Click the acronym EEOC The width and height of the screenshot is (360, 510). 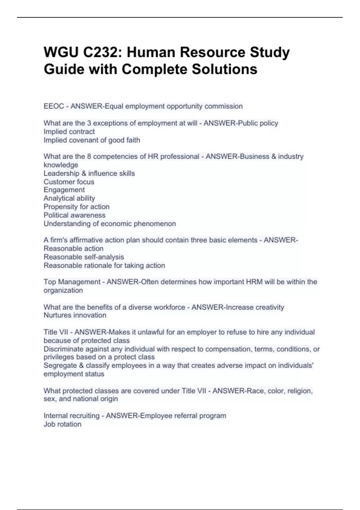[53, 106]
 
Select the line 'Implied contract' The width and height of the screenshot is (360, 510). [69, 131]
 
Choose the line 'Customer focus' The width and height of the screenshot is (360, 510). [69, 182]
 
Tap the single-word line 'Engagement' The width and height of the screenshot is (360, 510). [64, 190]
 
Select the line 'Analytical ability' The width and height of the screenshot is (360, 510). [69, 198]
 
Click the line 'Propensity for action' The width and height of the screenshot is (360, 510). [76, 207]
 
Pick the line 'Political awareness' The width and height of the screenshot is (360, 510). [74, 215]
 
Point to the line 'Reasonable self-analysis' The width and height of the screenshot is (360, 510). [84, 257]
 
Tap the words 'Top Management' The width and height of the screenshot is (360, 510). [72, 282]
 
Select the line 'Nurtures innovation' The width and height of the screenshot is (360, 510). [75, 315]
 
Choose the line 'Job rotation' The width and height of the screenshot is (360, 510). [62, 424]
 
